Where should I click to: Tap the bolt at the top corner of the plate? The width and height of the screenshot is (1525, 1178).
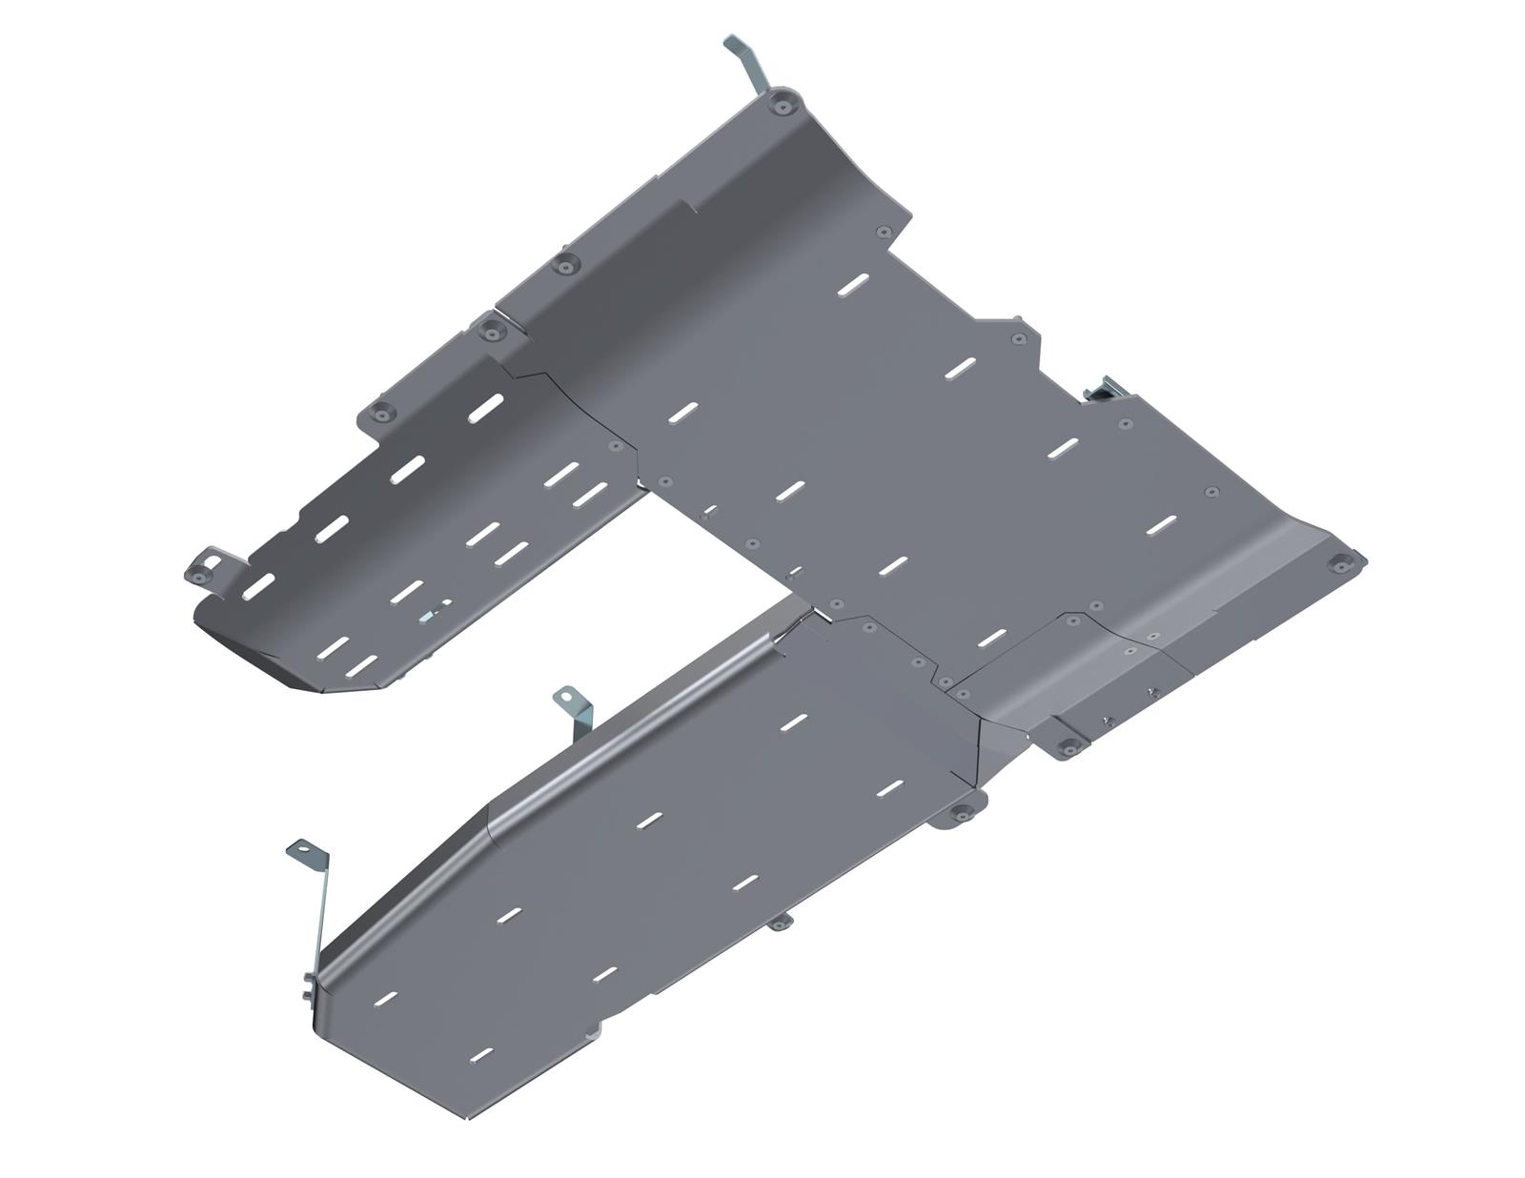point(783,103)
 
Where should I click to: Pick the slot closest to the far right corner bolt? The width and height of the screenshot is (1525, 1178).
point(1161,523)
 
